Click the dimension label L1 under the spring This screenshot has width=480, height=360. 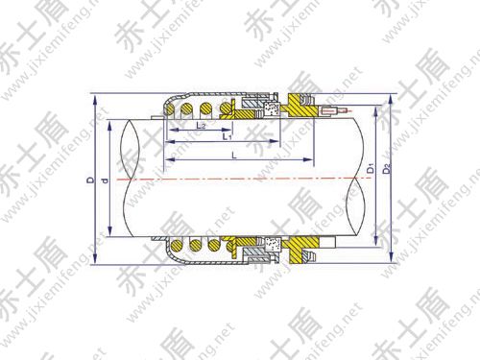(x=227, y=137)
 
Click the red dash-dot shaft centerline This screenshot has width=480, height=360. (x=240, y=180)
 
